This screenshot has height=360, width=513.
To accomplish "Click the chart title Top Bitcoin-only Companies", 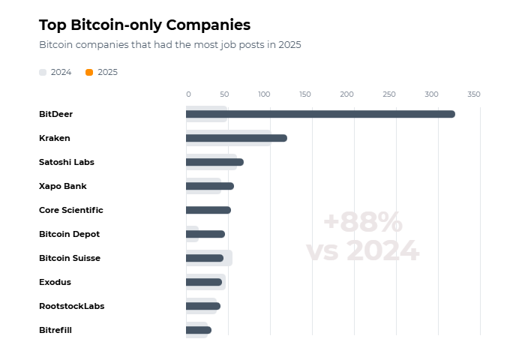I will (145, 25).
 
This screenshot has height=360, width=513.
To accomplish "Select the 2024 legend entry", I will (55, 72).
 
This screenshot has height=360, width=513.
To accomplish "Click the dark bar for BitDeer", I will (320, 114).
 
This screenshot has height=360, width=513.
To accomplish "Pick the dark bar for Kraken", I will (236, 138).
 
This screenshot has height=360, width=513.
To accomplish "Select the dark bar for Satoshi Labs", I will (214, 162).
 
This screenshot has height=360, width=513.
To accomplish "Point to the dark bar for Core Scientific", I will (208, 210).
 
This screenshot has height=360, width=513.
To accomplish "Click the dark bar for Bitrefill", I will (199, 330).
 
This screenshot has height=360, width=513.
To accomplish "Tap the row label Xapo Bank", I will (62, 186).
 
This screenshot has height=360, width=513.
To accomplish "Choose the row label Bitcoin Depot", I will (69, 234).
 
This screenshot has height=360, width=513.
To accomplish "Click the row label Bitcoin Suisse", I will (70, 258).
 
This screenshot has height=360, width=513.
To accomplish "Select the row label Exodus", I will (55, 282).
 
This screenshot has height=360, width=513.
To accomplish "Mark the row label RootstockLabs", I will (71, 306).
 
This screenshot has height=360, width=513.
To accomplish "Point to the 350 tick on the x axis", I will (473, 94).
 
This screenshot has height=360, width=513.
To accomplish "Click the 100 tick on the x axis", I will (263, 94).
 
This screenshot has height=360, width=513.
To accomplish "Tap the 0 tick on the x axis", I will (188, 94).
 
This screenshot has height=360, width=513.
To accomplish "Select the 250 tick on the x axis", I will (388, 94).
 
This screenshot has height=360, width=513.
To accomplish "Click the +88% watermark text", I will (362, 223).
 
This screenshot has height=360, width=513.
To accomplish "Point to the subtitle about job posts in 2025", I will (169, 45).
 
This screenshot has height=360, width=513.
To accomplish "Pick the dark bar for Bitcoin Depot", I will (205, 234).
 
